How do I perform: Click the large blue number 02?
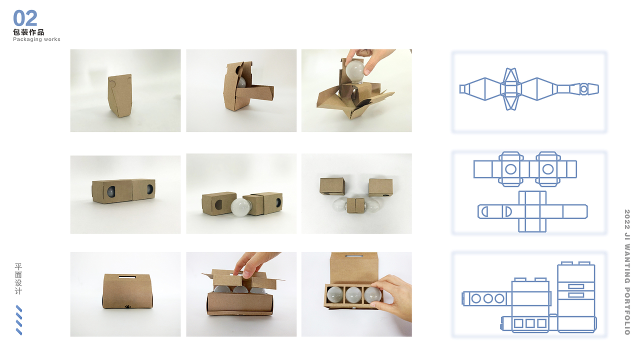click(x=25, y=18)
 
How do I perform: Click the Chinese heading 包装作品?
click(x=28, y=32)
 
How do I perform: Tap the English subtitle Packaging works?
click(x=36, y=39)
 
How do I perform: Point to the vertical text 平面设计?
click(x=18, y=279)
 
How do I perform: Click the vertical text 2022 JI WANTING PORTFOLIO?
click(x=627, y=272)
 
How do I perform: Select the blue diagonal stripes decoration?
click(x=19, y=320)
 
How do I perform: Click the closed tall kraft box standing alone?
click(x=120, y=95)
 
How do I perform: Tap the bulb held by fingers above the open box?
click(x=355, y=71)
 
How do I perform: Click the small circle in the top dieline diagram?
click(x=583, y=89)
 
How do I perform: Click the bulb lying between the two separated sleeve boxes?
click(x=241, y=207)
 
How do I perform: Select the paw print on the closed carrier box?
click(x=127, y=306)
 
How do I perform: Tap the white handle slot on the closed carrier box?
click(x=127, y=277)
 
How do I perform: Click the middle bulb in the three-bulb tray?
click(x=353, y=295)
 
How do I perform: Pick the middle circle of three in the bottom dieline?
click(x=488, y=298)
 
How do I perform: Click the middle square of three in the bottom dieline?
click(x=530, y=323)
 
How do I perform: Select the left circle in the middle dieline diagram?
click(x=511, y=169)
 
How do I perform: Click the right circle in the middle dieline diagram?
click(x=547, y=169)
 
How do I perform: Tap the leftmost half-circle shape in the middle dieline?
click(x=485, y=211)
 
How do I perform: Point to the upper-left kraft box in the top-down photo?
click(x=332, y=186)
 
